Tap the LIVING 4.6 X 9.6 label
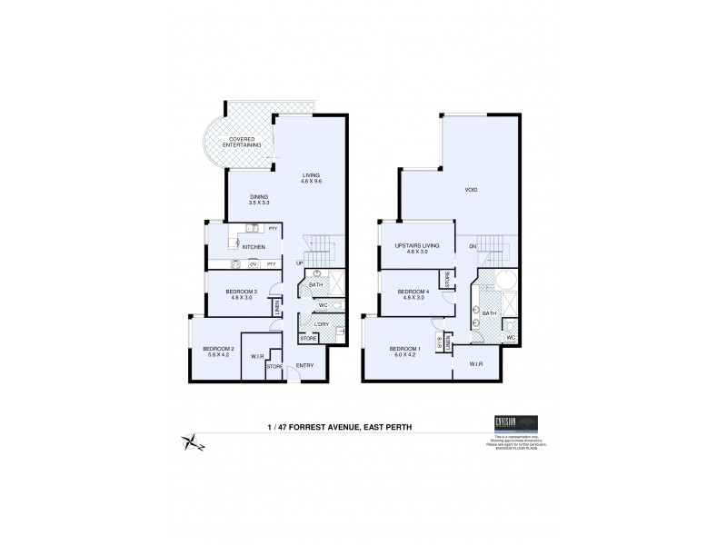tap(312, 179)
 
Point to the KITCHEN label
tap(254, 247)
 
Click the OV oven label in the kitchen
tap(254, 264)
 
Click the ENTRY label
tap(304, 366)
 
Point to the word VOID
tap(471, 190)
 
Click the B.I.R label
tap(439, 342)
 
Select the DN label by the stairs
tap(473, 247)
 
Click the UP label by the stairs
tap(300, 264)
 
